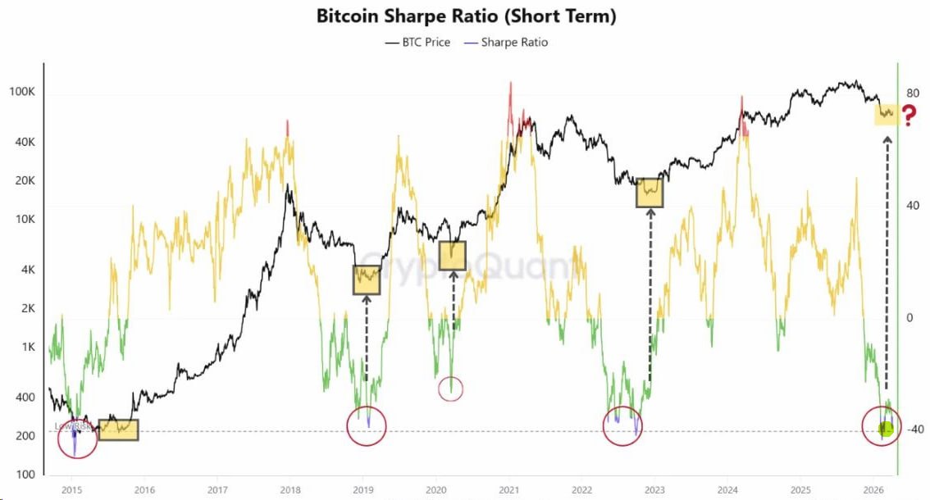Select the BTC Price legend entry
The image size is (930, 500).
point(418,42)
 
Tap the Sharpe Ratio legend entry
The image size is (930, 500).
point(507,42)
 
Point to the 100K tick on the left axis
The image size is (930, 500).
point(22,92)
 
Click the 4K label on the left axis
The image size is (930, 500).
point(27,270)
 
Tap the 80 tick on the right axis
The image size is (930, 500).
point(913,93)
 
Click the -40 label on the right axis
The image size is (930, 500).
point(914,430)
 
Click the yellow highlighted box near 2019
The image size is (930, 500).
point(367,280)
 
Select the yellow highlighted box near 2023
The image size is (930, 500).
point(650,193)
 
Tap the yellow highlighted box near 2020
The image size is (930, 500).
point(452,256)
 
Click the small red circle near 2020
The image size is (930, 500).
point(451,389)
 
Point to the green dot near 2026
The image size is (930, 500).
point(886,429)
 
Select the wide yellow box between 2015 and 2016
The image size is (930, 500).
point(118,430)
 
